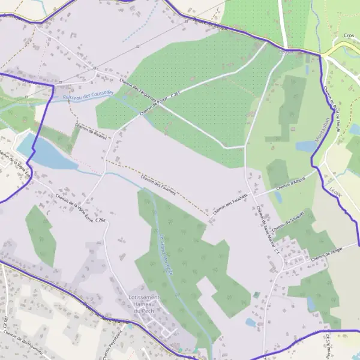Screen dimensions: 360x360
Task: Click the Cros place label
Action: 349,36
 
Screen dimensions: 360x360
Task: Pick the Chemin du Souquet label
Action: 289,221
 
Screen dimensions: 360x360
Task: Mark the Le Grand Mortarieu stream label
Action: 166,253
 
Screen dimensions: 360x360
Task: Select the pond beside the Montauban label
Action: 306,146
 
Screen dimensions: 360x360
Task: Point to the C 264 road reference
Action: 100,221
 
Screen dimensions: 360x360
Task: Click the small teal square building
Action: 257,295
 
